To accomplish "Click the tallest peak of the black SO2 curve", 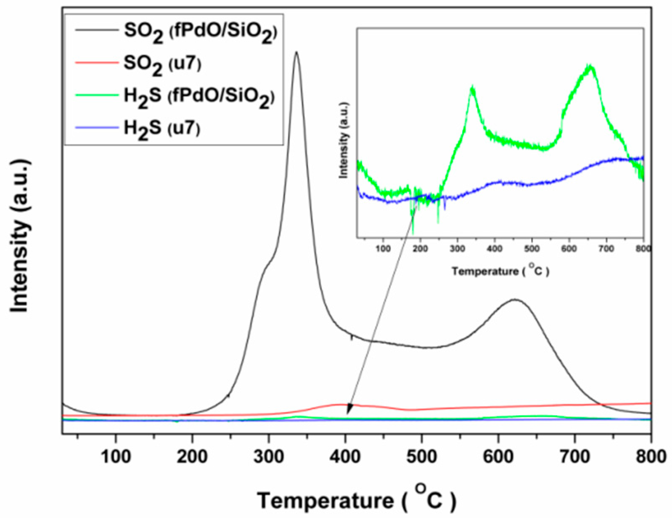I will click(x=296, y=53).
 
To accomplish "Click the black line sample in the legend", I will click(x=96, y=30).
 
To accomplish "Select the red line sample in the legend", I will click(x=96, y=63).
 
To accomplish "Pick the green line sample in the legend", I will click(x=96, y=95).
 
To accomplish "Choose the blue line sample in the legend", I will click(x=96, y=127).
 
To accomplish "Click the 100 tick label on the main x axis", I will click(x=116, y=456).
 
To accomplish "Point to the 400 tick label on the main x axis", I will click(x=345, y=456).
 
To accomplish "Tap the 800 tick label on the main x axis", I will click(x=650, y=456).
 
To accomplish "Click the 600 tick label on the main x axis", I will click(x=498, y=456).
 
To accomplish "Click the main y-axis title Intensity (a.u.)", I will click(x=20, y=236).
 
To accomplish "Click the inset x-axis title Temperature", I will click(x=500, y=271).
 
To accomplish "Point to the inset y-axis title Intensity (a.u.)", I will click(x=344, y=140).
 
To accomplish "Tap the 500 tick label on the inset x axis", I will click(x=532, y=249).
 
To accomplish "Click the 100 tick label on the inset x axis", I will click(x=383, y=249).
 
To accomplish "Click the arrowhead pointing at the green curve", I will click(x=348, y=411).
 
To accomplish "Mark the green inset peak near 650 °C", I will click(x=590, y=66).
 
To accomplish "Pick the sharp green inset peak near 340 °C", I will click(x=473, y=87).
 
